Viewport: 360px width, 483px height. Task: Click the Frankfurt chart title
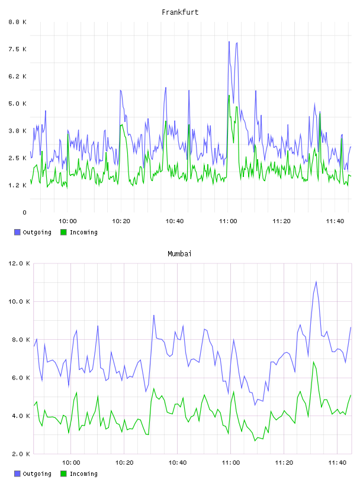pos(180,12)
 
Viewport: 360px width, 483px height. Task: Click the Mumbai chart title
pos(179,254)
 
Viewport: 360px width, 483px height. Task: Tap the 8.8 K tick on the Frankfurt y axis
pos(18,22)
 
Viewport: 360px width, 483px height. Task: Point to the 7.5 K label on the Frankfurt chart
pos(18,49)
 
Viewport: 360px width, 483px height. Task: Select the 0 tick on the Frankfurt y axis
pos(24,212)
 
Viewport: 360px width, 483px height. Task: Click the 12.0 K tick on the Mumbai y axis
pos(19,263)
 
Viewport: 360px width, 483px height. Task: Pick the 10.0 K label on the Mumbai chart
pos(19,301)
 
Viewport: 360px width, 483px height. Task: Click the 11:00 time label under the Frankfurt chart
pos(228,221)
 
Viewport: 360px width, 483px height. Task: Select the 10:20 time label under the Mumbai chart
pos(124,462)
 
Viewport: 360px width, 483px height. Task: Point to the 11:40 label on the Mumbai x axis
pos(337,462)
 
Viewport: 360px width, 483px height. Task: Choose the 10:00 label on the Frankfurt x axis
pos(67,221)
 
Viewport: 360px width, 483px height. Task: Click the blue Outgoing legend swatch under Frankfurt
pos(17,232)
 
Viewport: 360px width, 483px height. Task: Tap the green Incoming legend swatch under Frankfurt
pos(63,232)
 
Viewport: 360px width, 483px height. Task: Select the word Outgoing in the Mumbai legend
pos(37,474)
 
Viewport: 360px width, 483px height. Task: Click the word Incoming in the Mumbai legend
pos(83,474)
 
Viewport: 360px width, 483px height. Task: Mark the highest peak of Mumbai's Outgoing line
pos(316,282)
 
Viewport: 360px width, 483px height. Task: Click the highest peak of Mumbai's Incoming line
pos(313,362)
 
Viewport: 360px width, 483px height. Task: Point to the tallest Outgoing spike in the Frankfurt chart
pos(229,41)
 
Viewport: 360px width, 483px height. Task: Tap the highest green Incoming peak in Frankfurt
pos(229,95)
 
